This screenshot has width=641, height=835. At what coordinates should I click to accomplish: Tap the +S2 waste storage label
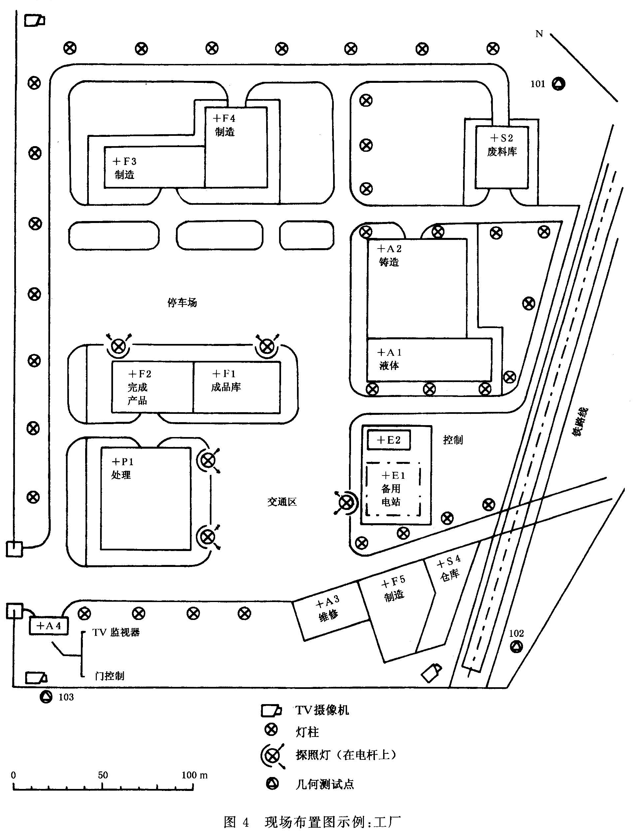click(502, 144)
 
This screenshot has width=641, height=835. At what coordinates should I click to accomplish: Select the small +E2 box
click(389, 440)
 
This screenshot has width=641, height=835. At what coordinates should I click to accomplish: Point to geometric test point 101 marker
click(558, 83)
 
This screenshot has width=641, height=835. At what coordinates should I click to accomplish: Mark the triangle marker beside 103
click(46, 697)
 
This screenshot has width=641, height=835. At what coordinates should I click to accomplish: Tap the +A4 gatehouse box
click(49, 626)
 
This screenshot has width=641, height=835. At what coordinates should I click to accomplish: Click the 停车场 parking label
click(182, 303)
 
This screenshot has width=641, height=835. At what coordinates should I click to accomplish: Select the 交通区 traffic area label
click(282, 502)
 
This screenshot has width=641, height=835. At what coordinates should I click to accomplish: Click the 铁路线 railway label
click(580, 421)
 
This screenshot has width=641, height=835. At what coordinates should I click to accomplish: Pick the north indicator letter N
click(539, 34)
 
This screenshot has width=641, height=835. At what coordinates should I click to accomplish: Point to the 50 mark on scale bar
click(103, 775)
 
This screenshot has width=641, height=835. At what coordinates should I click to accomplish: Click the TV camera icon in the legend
click(271, 710)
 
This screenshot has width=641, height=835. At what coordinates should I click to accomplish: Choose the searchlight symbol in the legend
click(272, 755)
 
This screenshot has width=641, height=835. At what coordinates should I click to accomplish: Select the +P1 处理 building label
click(122, 468)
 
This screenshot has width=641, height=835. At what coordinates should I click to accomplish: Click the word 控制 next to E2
click(453, 440)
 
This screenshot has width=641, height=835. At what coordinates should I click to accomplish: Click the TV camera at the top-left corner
click(35, 20)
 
